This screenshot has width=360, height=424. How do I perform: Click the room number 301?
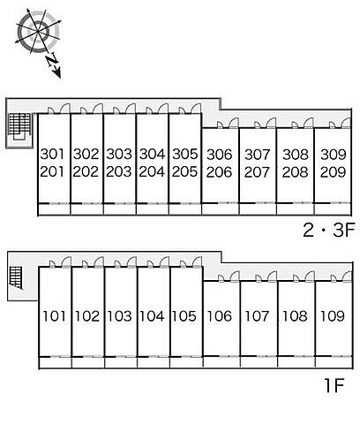pos(52,154)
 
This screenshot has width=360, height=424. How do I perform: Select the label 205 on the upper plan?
pos(184,171)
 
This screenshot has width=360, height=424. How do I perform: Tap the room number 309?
pos(334,155)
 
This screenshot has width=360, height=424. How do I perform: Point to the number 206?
pos(220,172)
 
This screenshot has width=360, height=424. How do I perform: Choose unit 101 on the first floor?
pos(54,316)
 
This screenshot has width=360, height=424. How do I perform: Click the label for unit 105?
pos(184,316)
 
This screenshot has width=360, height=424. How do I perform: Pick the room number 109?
pos(332,316)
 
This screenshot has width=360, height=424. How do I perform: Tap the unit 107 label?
pos(257,316)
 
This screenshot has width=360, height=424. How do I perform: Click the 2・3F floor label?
pos(329,230)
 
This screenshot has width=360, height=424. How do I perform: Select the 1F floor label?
pos(334,385)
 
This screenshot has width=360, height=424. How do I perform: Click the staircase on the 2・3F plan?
pos(19,125)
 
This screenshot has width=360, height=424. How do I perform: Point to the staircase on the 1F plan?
pos(17,277)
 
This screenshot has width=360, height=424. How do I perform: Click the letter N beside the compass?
pos(53,60)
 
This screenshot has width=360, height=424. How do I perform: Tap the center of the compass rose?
pos(38,31)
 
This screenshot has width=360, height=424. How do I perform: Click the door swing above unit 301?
pos(64,108)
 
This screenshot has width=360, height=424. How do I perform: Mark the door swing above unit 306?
pos(233,123)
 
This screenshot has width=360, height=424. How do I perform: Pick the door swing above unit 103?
pos(131,261)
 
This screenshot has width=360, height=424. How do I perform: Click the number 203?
pos(118,171)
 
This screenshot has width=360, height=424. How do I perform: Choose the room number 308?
pos(296,155)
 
